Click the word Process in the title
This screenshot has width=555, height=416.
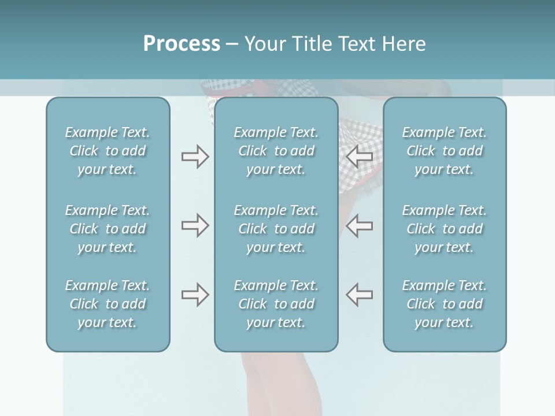click(x=182, y=44)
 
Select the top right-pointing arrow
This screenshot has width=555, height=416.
click(x=195, y=157)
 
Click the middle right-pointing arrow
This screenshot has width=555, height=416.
click(x=195, y=225)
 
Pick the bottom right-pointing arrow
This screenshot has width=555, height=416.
click(x=195, y=295)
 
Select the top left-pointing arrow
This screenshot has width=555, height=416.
click(x=359, y=157)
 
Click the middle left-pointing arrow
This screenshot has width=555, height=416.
click(x=359, y=225)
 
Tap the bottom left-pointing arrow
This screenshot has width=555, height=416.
click(x=359, y=295)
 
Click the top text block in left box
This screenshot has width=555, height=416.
click(x=108, y=151)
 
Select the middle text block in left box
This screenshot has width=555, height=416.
click(x=108, y=229)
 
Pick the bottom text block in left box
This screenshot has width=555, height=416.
click(x=108, y=304)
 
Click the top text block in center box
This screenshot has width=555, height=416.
click(x=276, y=151)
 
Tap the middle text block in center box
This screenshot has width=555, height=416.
click(x=276, y=229)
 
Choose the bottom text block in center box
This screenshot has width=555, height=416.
click(x=276, y=304)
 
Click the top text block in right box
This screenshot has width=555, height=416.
click(x=445, y=151)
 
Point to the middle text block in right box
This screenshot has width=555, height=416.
click(x=445, y=229)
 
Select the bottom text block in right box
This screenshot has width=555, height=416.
click(x=445, y=304)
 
